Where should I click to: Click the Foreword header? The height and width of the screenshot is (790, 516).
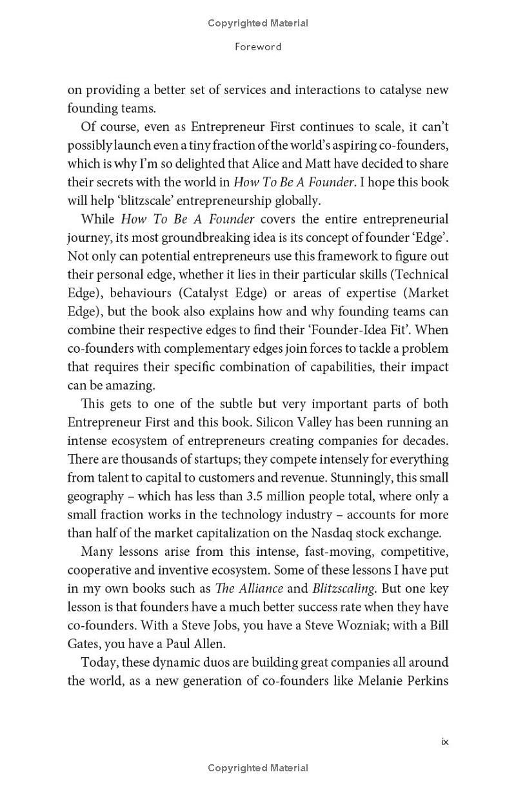[257, 46]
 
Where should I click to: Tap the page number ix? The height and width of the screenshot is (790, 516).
[444, 742]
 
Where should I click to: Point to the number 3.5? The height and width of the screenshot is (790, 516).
[258, 497]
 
